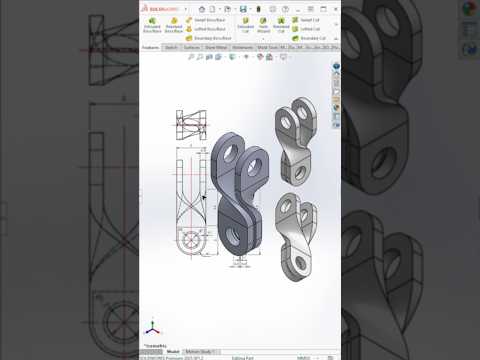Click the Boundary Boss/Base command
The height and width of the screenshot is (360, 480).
coord(210,38)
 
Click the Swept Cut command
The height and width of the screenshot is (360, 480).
coord(308,19)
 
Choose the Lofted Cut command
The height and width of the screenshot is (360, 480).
coord(308,28)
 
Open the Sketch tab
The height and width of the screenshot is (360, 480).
coord(171,47)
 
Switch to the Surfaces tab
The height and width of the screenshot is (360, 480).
coord(191,47)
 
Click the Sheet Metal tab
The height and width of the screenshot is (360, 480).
coord(215,47)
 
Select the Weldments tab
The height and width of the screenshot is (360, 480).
coord(242,47)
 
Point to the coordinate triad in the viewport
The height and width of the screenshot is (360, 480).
coord(151,328)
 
